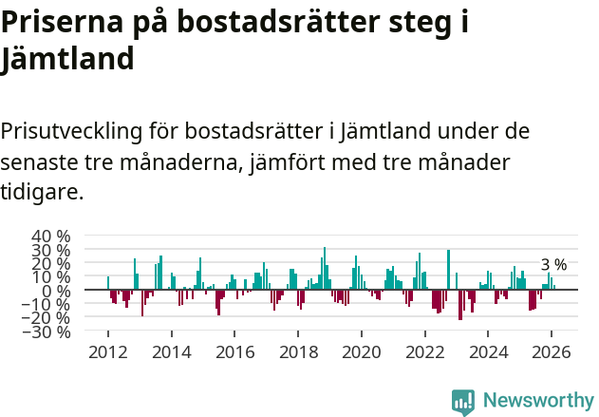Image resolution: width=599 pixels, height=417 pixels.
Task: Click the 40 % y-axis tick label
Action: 50,237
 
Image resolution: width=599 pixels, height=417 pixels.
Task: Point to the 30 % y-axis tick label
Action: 50,251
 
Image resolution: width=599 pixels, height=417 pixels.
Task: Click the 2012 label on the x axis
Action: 107,352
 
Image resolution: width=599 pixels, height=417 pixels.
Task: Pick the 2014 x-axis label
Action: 171,352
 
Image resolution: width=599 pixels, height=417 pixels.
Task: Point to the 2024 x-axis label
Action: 489,352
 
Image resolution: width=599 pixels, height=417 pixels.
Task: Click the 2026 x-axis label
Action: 552,352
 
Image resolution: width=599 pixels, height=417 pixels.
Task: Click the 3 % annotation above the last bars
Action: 553,265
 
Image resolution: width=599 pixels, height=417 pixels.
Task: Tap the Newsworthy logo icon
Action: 463,402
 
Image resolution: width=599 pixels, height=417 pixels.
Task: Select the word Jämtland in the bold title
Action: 67,60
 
